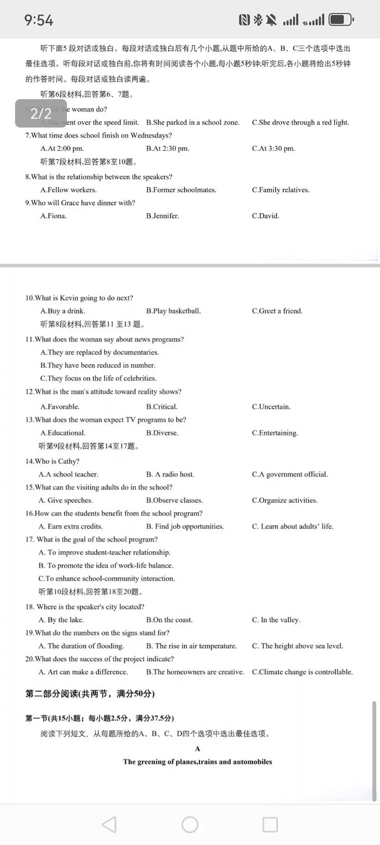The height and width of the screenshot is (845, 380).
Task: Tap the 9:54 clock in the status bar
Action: pos(39,20)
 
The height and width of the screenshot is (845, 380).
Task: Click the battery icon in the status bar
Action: pos(341,19)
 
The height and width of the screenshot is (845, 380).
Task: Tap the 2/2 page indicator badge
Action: pos(41,113)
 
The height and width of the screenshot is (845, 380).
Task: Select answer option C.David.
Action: pos(266,216)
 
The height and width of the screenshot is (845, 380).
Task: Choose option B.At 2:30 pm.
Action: pos(168,149)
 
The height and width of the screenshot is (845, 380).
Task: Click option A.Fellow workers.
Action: pos(68,190)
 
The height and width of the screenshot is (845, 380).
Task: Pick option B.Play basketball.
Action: pos(173,311)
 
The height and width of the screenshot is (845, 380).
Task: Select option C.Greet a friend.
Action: pos(277,311)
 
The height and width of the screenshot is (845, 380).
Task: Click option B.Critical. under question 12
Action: pos(161,407)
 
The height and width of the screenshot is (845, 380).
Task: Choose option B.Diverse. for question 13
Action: pos(162,433)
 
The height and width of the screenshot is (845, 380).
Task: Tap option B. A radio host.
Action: pos(170,474)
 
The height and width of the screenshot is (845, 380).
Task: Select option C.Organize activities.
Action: pos(285,500)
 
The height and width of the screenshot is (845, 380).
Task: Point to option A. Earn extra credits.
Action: pos(70,526)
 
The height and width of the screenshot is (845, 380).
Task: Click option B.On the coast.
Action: pos(169,620)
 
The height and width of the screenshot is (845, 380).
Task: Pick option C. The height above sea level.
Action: pos(297,646)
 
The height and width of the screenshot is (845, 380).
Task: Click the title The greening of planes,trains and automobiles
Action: pos(198,762)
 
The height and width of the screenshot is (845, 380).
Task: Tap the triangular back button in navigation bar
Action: pos(109,825)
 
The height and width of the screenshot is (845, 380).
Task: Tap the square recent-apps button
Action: pos(270,825)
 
